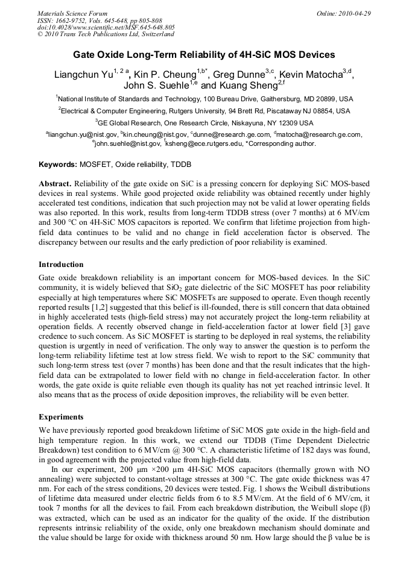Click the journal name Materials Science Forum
[x=72, y=13]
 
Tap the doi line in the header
[x=106, y=28]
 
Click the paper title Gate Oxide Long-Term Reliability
[x=204, y=55]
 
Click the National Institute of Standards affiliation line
[x=204, y=99]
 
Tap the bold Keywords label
[x=58, y=165]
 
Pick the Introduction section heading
[x=61, y=265]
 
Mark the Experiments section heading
[x=61, y=416]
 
